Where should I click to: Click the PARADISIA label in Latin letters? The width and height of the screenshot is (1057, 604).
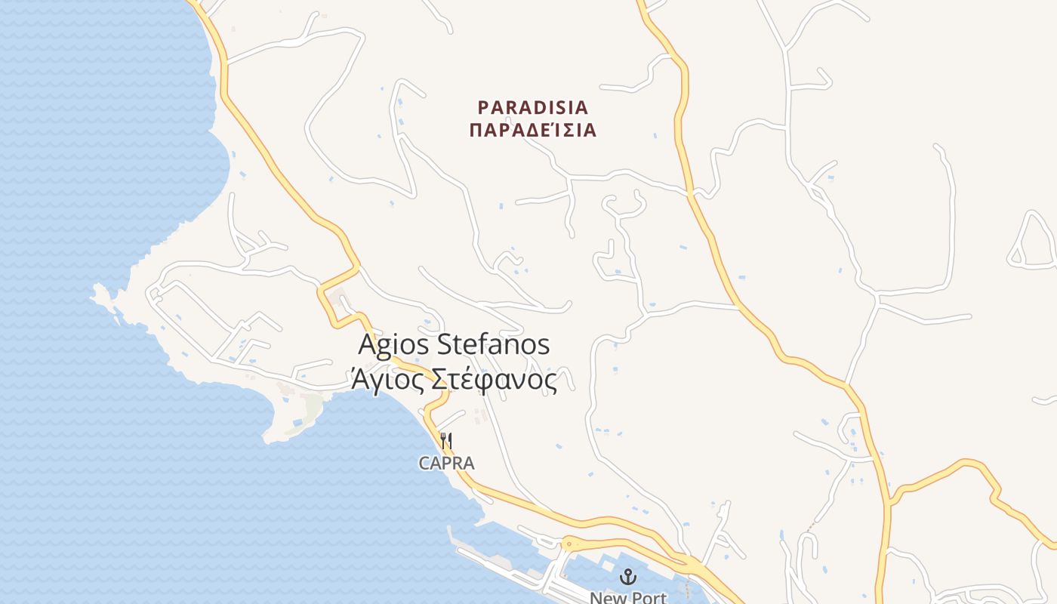tap(533, 106)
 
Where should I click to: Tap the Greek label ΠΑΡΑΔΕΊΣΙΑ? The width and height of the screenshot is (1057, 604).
tap(533, 131)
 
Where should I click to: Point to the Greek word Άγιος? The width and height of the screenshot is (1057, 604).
tap(387, 379)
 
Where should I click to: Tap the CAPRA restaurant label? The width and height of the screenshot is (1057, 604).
tap(447, 464)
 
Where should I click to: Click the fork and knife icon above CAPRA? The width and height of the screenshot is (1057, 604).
tap(446, 440)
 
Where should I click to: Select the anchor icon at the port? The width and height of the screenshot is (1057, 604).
tap(627, 577)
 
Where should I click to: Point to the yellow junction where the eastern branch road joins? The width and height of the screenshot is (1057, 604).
tap(892, 501)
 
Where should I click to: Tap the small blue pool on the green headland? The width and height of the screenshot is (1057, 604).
tap(297, 421)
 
